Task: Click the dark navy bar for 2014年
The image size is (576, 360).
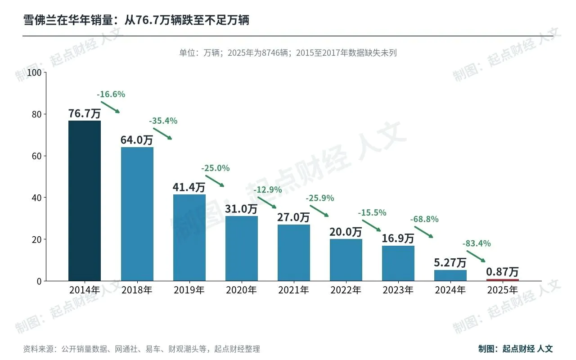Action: [x=85, y=201]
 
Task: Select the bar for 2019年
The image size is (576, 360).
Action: [x=189, y=238]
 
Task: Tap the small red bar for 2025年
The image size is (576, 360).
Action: [x=503, y=280]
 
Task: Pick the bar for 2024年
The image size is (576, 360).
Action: [x=450, y=275]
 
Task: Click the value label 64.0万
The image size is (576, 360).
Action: [x=137, y=140]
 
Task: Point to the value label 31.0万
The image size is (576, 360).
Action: [x=241, y=209]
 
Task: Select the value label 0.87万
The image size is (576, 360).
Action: [x=502, y=272]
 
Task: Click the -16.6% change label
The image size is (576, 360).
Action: [x=111, y=94]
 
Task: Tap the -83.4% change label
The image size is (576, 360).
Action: [x=477, y=243]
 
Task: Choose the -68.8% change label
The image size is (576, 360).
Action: [x=424, y=219]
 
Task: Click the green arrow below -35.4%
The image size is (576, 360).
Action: [x=162, y=134]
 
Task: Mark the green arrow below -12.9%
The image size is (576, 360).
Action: [x=267, y=202]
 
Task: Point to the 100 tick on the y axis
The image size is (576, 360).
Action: [x=34, y=72]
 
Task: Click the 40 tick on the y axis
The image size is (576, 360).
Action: [x=36, y=198]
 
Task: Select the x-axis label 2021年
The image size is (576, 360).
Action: [x=293, y=290]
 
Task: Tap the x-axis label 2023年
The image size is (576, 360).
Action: [x=398, y=290]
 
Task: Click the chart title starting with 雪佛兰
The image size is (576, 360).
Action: [x=136, y=20]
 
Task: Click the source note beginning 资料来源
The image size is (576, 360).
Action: [x=141, y=349]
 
